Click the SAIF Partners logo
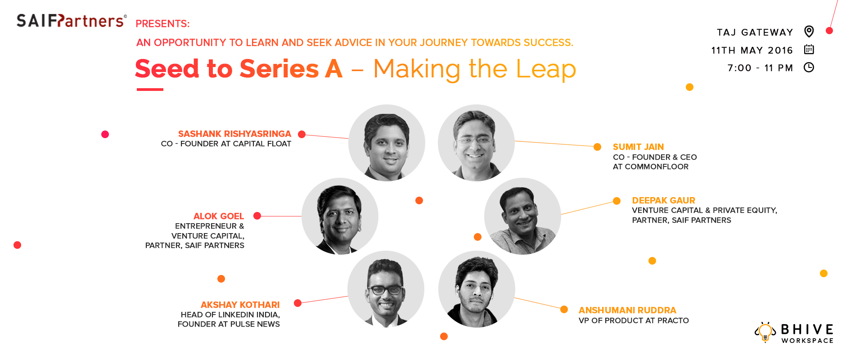coord(72,21)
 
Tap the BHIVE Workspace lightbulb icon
coord(765,332)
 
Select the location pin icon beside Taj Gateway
coord(809,31)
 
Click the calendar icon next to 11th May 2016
coord(809,49)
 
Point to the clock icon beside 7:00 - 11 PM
coord(809,67)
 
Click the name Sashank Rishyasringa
coord(234,134)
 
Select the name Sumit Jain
coord(638,147)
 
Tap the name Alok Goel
coord(219,216)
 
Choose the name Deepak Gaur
coord(663,200)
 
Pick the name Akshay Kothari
coord(240,305)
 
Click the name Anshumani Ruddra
coord(627,310)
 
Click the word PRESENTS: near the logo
coord(162,23)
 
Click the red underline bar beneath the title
coord(150,90)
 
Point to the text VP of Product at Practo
coord(634,320)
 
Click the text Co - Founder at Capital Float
coord(226,144)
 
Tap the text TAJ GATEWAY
coord(755,32)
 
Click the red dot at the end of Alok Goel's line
coord(257,216)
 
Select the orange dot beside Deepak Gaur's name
coord(616,201)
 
